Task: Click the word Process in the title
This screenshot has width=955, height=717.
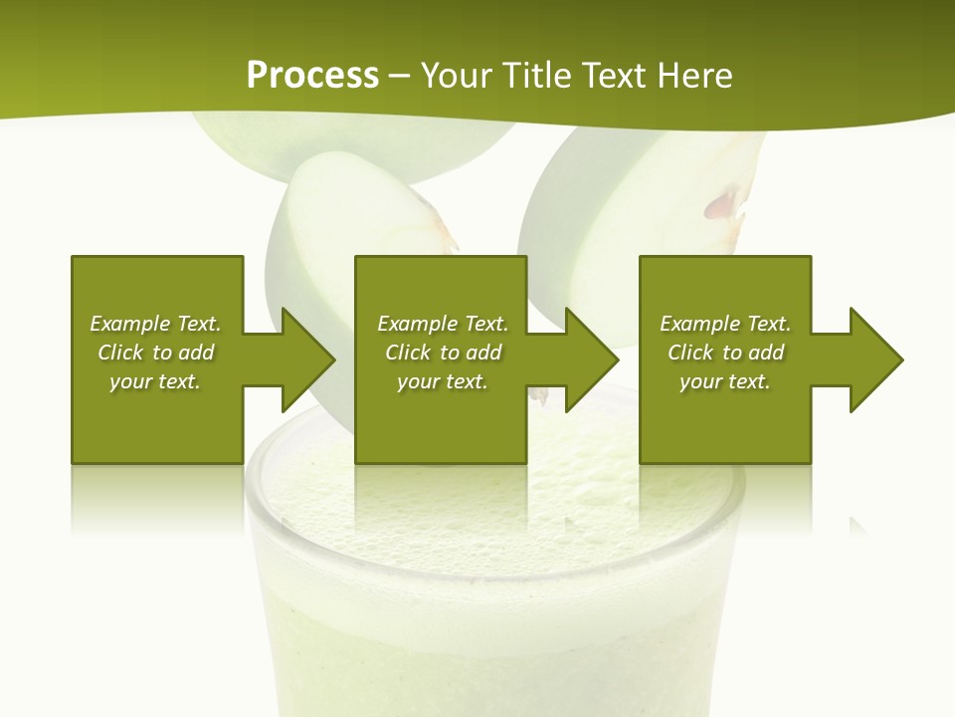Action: tap(312, 76)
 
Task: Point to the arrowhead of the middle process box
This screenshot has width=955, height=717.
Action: tap(590, 359)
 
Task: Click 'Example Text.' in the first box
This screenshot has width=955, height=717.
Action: tap(155, 324)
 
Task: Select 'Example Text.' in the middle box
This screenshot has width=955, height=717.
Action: tap(442, 324)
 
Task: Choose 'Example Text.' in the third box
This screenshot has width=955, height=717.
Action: tap(725, 324)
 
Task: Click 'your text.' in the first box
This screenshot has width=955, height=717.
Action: tap(155, 381)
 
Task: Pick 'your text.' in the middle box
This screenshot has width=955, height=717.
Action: tap(442, 381)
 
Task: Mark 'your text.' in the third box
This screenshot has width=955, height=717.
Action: tap(725, 381)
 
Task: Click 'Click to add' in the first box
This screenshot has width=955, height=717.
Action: tap(155, 353)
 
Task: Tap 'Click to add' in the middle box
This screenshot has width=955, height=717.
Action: tap(442, 353)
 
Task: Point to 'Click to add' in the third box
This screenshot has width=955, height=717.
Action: tap(725, 353)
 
